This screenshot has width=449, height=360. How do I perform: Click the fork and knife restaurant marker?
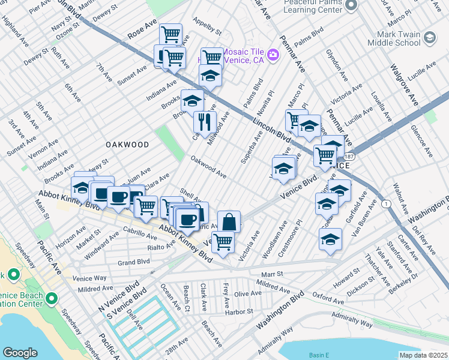205,122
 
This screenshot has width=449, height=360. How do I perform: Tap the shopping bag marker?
229,222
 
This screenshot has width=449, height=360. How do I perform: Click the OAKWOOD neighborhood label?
127,145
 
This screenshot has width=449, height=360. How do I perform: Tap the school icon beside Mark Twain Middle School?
430,38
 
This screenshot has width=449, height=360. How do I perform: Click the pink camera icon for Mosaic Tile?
274,55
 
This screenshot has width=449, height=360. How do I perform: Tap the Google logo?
20,352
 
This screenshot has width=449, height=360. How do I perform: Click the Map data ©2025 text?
423,355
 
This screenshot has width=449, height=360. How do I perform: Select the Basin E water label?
319,355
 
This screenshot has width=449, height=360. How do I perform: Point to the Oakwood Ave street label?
208,167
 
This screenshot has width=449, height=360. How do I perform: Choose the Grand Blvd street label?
133,262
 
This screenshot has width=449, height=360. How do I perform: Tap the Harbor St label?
239,311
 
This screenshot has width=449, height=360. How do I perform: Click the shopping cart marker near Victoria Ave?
223,242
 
